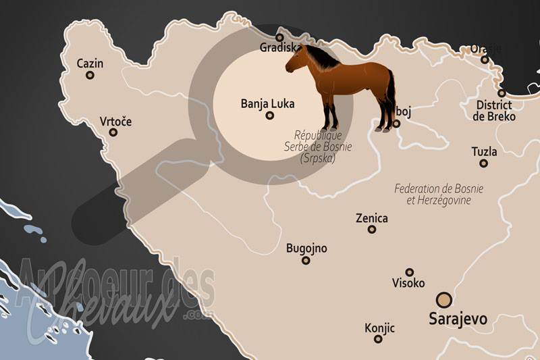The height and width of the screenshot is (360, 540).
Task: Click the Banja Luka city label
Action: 267,104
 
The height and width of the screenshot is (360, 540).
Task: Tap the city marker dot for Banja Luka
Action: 269,115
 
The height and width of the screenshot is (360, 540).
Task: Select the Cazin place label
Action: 90,63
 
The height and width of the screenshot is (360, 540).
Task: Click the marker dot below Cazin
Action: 90,76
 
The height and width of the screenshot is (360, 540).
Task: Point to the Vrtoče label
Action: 115,121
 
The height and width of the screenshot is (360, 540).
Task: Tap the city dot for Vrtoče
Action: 113,132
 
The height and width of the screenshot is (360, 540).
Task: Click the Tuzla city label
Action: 483,152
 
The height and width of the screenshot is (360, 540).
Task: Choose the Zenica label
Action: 371,218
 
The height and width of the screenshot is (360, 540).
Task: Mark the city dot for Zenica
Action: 372,230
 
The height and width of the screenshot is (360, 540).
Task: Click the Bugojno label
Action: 306,249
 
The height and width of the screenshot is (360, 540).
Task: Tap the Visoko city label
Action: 408,283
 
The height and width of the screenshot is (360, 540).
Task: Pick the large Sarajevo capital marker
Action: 444,300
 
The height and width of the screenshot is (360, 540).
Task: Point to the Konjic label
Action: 379,328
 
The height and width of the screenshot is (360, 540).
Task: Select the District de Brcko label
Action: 495,111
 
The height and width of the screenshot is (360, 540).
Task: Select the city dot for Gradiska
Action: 279,38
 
